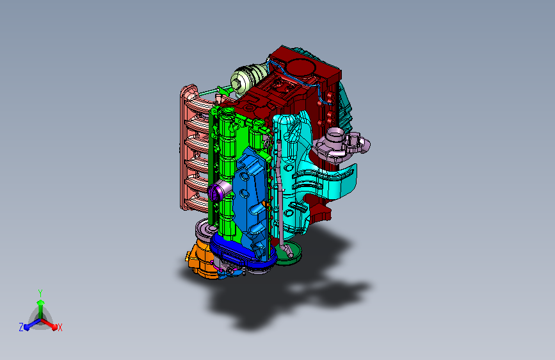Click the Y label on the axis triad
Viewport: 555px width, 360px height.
coord(40,293)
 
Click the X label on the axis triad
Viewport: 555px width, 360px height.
coord(60,328)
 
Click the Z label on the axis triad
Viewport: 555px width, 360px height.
coord(21,327)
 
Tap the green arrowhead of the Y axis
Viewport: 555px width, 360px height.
coord(41,303)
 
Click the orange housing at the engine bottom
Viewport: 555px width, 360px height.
coord(201,259)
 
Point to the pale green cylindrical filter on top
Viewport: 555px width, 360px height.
coord(248,79)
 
